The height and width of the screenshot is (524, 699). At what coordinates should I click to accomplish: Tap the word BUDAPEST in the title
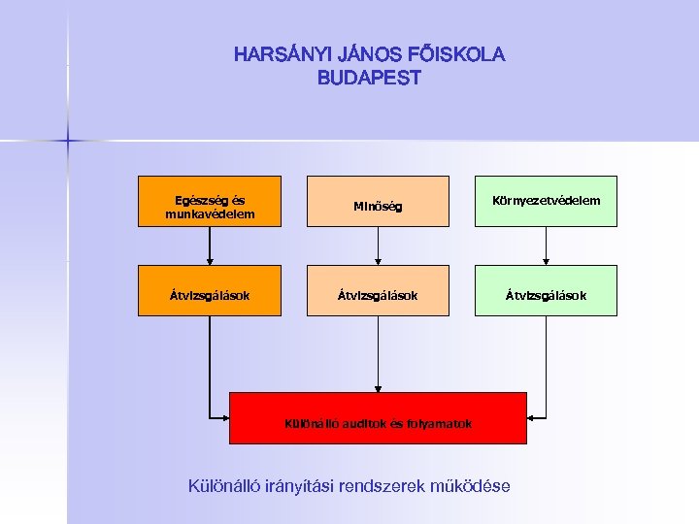369,79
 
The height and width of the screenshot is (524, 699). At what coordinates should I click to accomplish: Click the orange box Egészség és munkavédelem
210,201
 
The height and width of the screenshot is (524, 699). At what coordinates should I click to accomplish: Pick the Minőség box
378,201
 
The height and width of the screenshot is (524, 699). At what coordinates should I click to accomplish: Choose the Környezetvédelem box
546,201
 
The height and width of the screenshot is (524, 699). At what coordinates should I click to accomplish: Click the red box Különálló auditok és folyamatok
378,418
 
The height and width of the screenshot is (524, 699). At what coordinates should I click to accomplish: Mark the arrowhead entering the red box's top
378,387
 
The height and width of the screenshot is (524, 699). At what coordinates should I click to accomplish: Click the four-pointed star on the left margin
69,142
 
